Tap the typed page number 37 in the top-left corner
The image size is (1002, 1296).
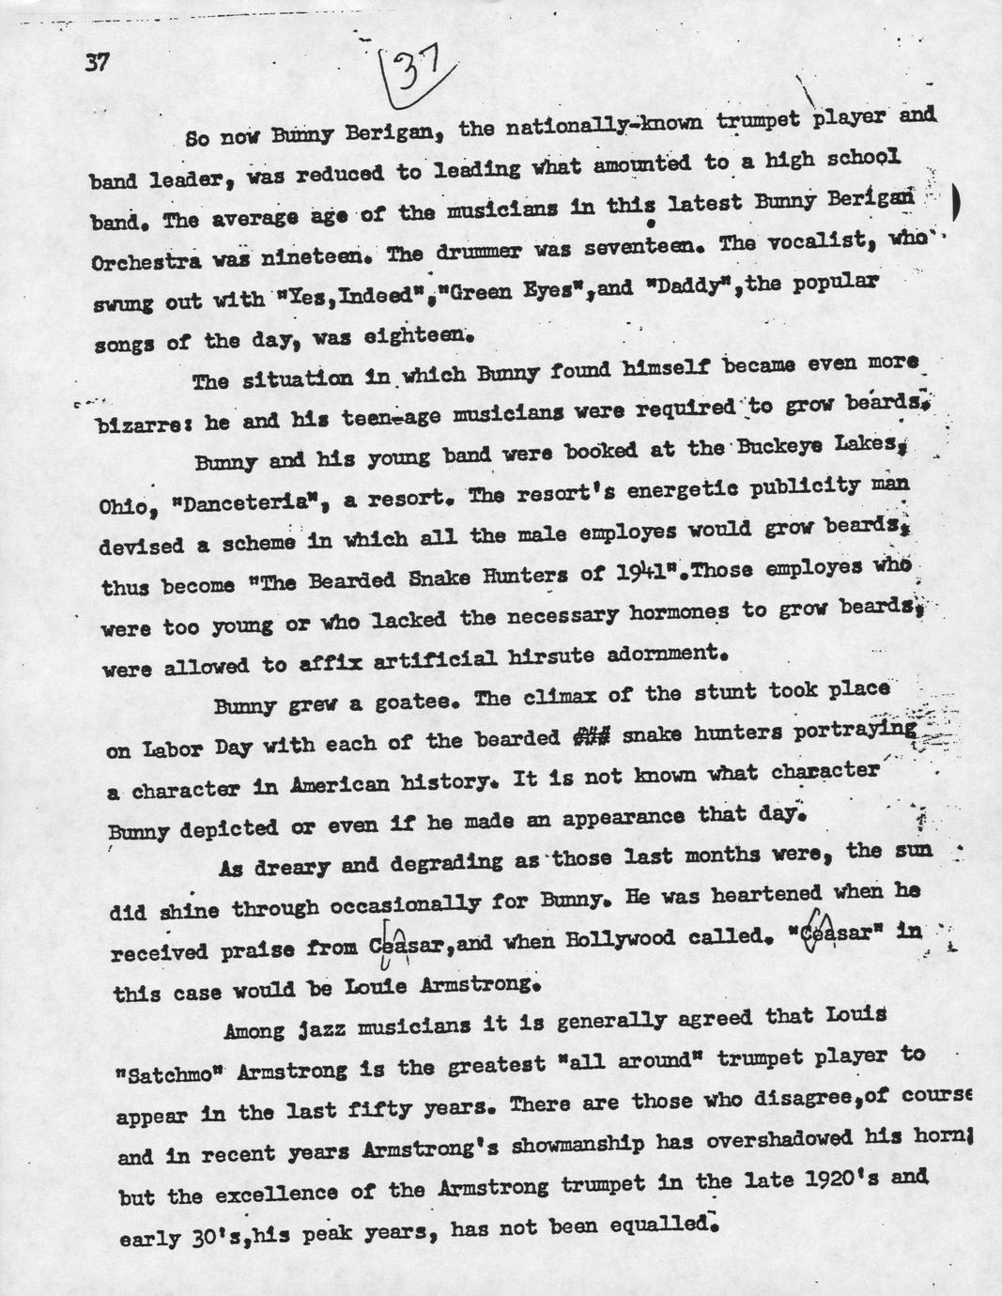point(97,63)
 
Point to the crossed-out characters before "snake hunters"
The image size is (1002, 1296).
point(592,737)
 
